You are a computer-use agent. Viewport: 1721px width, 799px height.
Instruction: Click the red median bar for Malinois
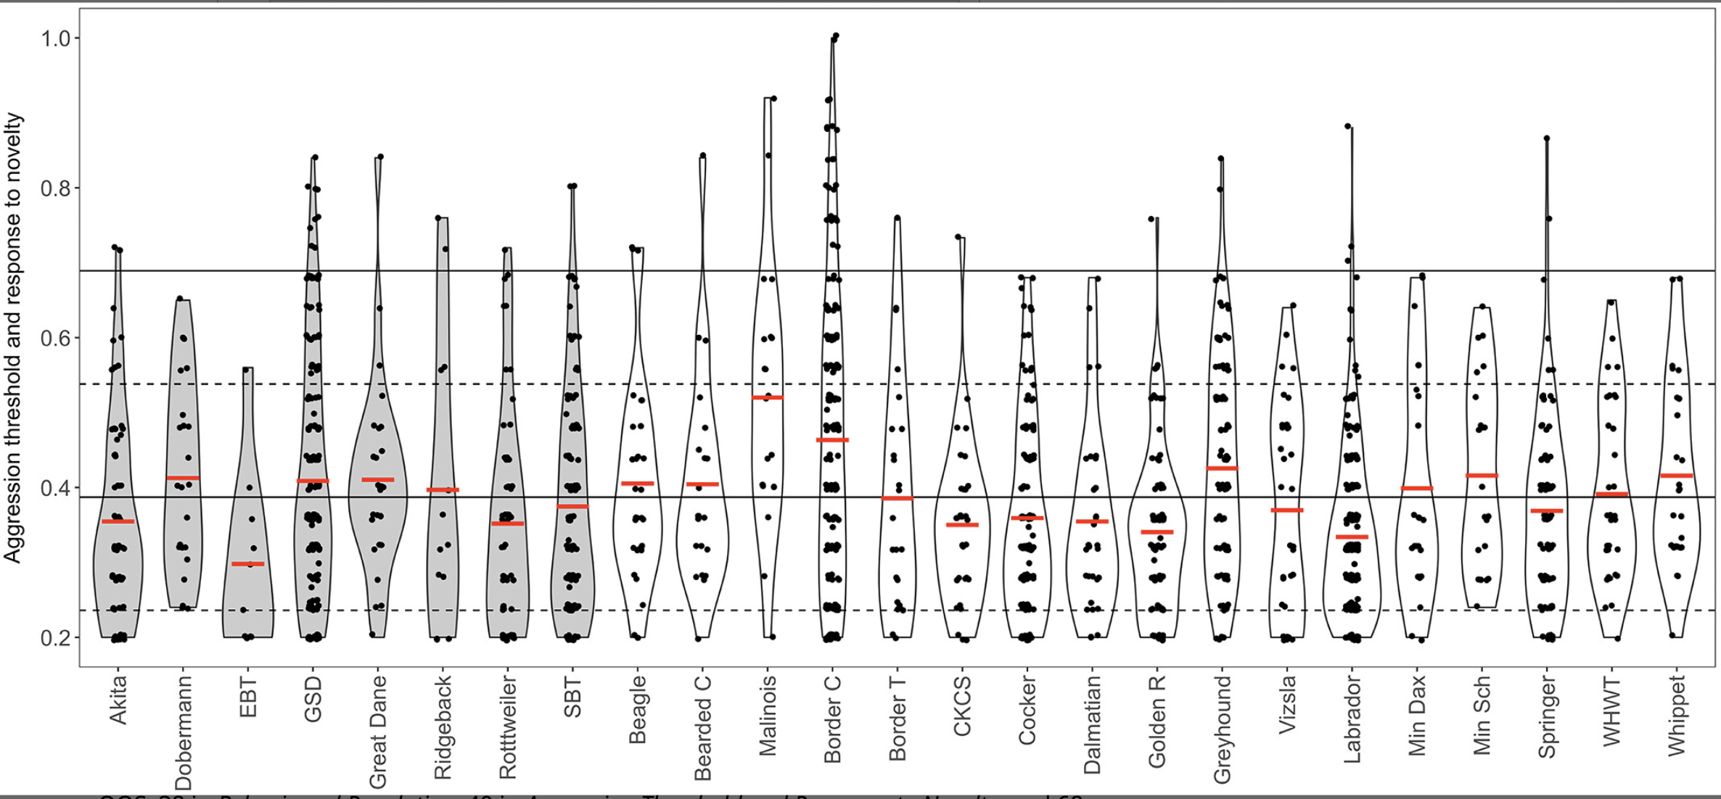pos(767,397)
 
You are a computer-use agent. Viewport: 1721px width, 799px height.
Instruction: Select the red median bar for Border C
pos(832,440)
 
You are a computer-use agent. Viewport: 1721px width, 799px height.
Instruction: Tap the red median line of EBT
pos(248,563)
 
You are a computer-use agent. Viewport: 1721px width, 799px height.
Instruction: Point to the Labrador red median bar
pos(1352,537)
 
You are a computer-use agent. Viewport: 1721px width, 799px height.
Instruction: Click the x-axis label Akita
pos(118,700)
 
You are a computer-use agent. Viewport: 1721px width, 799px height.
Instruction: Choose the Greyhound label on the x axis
pos(1222,729)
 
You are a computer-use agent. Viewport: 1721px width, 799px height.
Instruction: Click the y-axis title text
pos(13,338)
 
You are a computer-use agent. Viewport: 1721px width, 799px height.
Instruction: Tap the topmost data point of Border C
pos(836,35)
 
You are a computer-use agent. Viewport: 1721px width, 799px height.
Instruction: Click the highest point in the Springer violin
pos(1547,138)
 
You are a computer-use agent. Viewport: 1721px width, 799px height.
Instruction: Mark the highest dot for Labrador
pos(1348,126)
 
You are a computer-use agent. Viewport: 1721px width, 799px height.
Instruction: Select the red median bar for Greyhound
pos(1222,468)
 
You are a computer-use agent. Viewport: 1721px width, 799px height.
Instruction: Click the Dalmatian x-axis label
pos(1092,725)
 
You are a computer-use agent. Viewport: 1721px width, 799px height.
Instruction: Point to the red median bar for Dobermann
pos(183,478)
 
